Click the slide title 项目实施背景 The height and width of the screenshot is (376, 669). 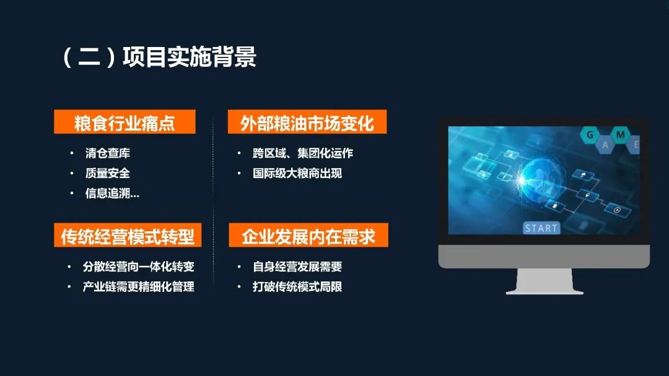pyautogui.click(x=190, y=57)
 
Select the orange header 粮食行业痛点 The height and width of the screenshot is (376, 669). pyautogui.click(x=125, y=122)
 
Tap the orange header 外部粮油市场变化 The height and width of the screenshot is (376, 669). pyautogui.click(x=307, y=122)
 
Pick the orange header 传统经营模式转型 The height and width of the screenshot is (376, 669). pyautogui.click(x=128, y=235)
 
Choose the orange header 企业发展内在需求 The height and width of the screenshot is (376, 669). pyautogui.click(x=308, y=235)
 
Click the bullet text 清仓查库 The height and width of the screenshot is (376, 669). pyautogui.click(x=108, y=153)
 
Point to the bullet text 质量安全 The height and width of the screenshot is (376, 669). pyautogui.click(x=108, y=173)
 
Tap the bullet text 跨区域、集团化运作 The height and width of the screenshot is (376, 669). pyautogui.click(x=303, y=153)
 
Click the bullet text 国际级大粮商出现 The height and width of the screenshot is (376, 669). pyautogui.click(x=297, y=173)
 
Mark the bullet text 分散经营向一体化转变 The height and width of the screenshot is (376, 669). pyautogui.click(x=139, y=267)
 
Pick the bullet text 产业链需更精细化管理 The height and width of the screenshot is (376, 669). pyautogui.click(x=139, y=286)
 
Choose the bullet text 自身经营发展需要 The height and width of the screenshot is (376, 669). pyautogui.click(x=297, y=267)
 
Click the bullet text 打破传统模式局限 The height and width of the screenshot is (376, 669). pyautogui.click(x=297, y=286)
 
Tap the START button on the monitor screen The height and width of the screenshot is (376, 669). pyautogui.click(x=541, y=228)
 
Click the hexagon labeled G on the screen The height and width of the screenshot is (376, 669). pyautogui.click(x=590, y=135)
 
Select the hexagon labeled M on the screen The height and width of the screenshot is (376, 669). pyautogui.click(x=620, y=135)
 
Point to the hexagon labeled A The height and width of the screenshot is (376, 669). pyautogui.click(x=605, y=145)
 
